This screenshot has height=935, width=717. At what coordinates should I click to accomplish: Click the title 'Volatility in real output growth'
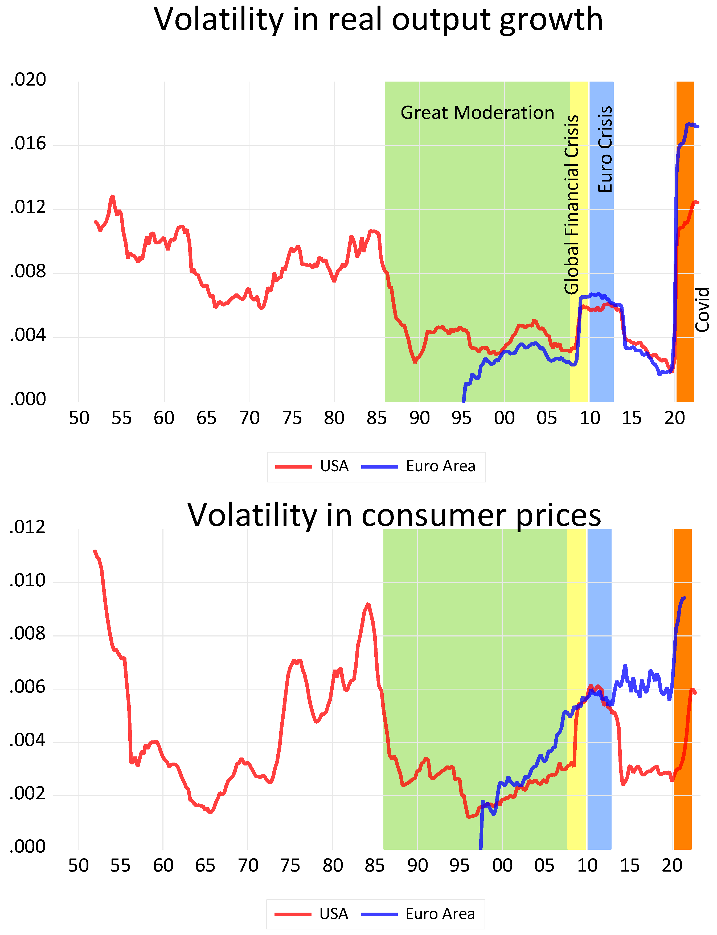(x=378, y=20)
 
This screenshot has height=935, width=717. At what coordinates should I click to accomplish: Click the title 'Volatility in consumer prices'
(x=394, y=515)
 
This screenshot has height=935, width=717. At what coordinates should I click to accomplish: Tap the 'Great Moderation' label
(x=477, y=113)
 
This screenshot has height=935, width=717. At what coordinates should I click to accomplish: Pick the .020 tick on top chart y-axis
(x=28, y=80)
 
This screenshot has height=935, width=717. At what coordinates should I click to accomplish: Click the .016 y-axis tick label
(x=28, y=144)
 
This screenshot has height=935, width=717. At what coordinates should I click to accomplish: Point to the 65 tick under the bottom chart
(x=205, y=866)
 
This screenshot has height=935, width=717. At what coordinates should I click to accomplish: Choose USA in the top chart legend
(x=334, y=466)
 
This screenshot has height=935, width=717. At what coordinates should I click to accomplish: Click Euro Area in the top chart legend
(x=440, y=466)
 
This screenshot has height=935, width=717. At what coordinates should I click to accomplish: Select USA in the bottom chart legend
(x=333, y=914)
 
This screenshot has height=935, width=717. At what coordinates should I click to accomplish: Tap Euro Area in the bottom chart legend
(x=440, y=914)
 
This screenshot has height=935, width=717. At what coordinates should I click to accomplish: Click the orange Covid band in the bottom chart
(x=682, y=726)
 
